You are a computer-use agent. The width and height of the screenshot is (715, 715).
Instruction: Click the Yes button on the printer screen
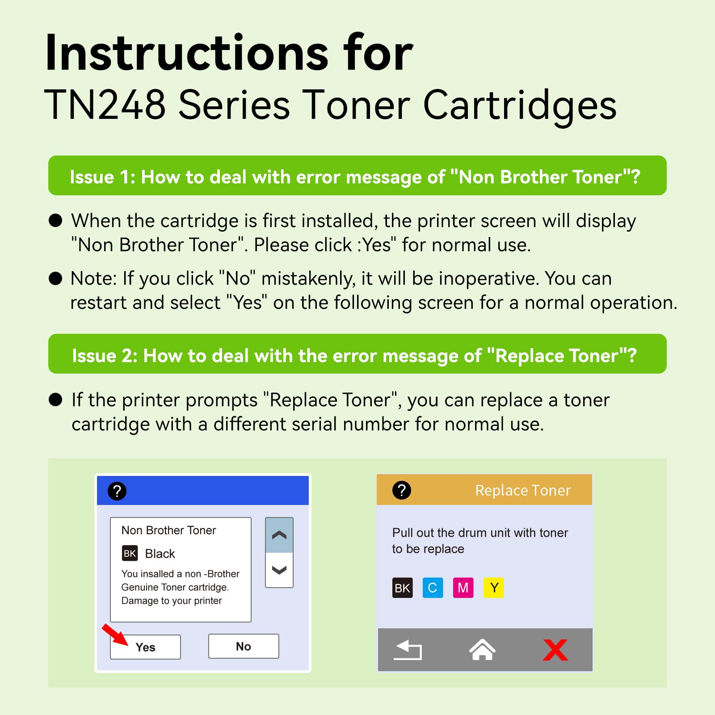coord(145,647)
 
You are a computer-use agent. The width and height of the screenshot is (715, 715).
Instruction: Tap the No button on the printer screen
coord(244,646)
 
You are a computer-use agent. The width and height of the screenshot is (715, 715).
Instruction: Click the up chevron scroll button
coord(279,535)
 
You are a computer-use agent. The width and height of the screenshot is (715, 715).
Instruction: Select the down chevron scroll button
coord(279,570)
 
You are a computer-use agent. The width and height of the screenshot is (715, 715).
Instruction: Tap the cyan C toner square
coord(433,588)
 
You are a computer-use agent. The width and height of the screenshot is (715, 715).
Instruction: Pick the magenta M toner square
coord(463,588)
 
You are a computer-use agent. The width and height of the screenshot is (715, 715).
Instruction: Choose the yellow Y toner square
coord(494,588)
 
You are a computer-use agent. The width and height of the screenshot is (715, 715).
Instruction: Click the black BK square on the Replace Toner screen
coord(402,588)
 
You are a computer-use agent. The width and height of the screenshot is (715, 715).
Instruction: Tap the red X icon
coord(555,650)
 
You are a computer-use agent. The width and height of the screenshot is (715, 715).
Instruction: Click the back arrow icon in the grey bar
coord(408,650)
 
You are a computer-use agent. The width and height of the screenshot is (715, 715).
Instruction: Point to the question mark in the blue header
coord(117,491)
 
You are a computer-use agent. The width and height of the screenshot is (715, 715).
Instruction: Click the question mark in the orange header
coord(402,490)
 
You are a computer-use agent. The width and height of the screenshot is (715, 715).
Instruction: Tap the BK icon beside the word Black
coord(130,553)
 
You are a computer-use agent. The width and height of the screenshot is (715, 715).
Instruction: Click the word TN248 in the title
coord(105,105)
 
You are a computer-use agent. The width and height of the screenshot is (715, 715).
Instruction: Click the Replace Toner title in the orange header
coord(523,490)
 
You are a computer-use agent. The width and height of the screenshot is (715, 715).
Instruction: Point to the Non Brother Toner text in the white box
coord(168,530)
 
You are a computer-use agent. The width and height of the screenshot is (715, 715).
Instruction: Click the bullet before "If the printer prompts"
coord(55,400)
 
